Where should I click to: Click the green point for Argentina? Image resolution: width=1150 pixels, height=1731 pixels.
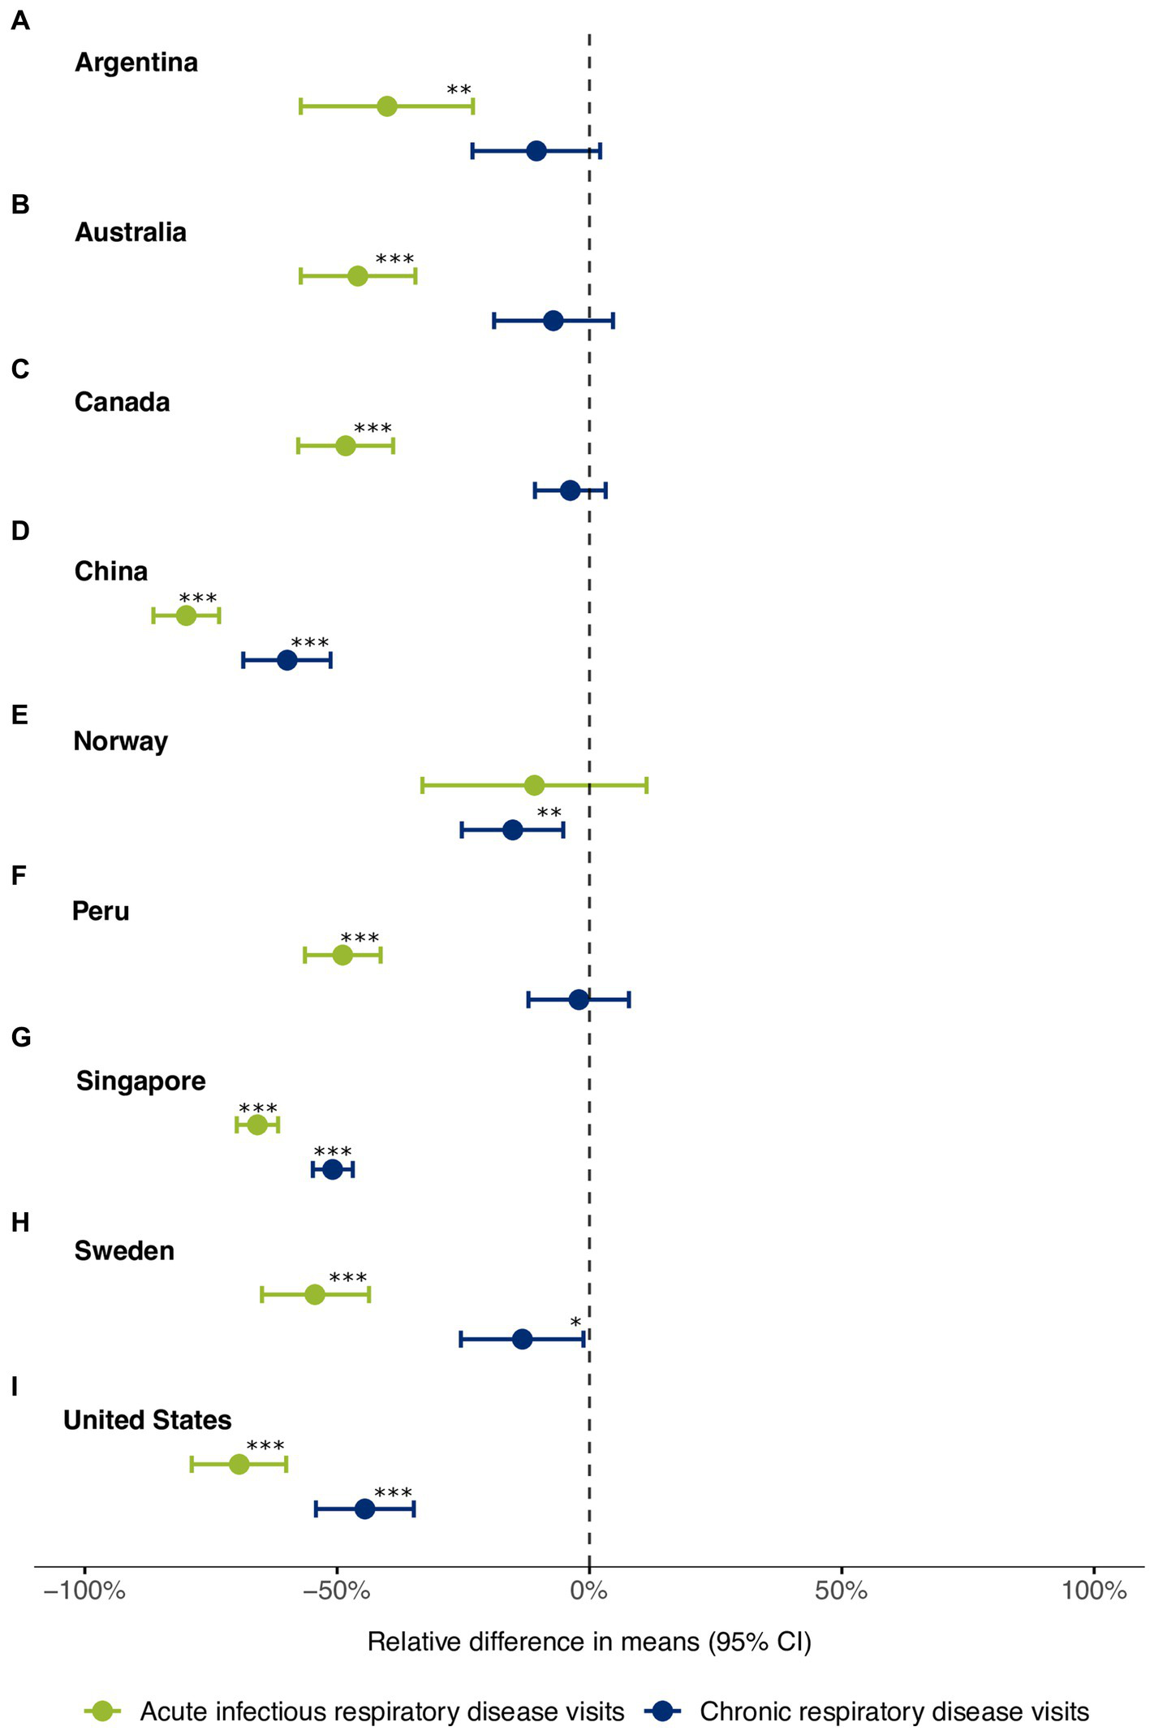pos(387,106)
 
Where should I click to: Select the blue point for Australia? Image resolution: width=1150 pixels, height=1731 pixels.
pos(553,321)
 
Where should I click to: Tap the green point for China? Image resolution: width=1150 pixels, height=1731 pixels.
pos(186,615)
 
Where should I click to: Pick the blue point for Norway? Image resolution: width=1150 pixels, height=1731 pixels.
pos(513,830)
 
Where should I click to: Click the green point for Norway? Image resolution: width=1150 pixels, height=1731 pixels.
pos(534,785)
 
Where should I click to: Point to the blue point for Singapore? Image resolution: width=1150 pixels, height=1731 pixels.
pos(333,1170)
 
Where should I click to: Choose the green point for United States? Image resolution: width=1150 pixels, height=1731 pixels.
pos(239,1464)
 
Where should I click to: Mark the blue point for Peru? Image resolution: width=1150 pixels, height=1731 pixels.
pos(579,999)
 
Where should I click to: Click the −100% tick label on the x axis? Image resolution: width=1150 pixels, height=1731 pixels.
pos(84,1590)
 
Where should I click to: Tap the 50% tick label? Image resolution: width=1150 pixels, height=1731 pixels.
pos(842,1590)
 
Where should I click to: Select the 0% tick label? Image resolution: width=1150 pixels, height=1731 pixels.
pos(589,1590)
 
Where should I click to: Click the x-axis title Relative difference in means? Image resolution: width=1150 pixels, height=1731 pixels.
pos(589,1642)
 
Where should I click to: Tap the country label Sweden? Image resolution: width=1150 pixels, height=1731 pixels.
pos(124,1250)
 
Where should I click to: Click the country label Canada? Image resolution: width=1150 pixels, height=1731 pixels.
pos(123,402)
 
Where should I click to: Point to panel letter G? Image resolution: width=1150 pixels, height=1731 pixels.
pos(21,1037)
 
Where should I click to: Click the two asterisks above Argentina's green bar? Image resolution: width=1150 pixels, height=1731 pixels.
pos(459,90)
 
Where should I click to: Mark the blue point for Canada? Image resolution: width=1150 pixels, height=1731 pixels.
pos(571,490)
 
